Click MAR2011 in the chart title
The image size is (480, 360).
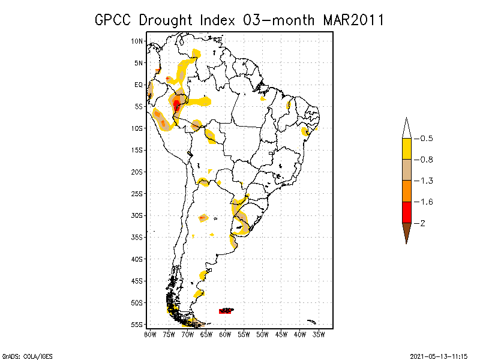pos(353,20)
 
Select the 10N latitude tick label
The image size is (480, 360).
pos(137,41)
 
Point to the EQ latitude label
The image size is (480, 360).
pos(139,85)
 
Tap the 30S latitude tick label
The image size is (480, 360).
pos(137,215)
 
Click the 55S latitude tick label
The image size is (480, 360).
pos(137,324)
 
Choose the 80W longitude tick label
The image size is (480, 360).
pos(149,334)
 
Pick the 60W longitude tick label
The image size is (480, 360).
pos(225,334)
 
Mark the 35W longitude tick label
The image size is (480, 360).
pos(319,334)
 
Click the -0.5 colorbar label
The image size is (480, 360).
pos(424,139)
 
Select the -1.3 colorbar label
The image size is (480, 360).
pos(424,181)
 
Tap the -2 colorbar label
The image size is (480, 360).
pos(421,223)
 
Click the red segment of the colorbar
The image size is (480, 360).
pos(406,212)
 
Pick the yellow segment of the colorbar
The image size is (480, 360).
pos(406,149)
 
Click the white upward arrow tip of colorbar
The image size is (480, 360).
pos(406,127)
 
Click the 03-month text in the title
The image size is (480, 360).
pos(278,20)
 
